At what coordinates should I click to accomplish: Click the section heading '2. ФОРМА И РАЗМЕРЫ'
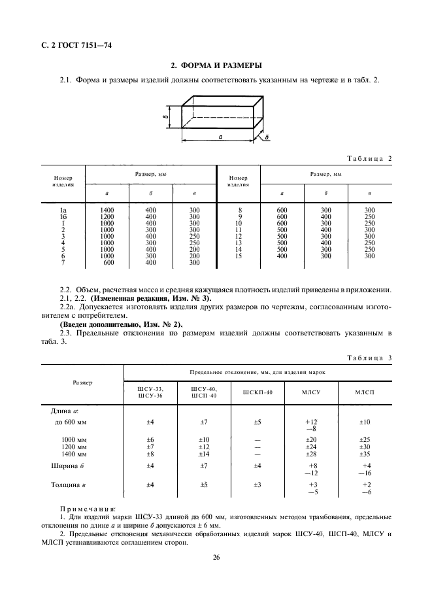coord(216,65)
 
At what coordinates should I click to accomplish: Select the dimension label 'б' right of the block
coord(268,138)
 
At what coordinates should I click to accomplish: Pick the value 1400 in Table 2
coord(107,210)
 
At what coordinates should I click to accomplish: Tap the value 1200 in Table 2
coord(107,216)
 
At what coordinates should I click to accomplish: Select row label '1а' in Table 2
coord(63,210)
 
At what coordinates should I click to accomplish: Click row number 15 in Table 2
coord(239,256)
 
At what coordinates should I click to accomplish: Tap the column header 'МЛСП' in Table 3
coord(365,392)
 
